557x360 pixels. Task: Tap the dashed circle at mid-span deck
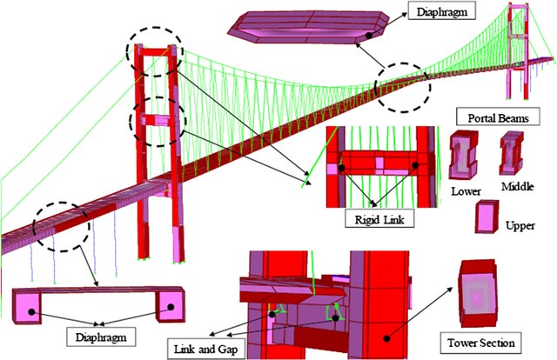398,84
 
